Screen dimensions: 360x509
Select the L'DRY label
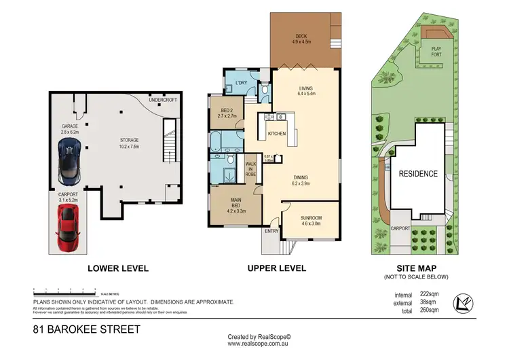[x=240, y=84]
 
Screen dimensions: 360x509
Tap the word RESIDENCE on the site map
[x=417, y=173]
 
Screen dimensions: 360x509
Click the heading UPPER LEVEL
[x=277, y=268]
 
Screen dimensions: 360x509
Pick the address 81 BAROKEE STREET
[x=86, y=329]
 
